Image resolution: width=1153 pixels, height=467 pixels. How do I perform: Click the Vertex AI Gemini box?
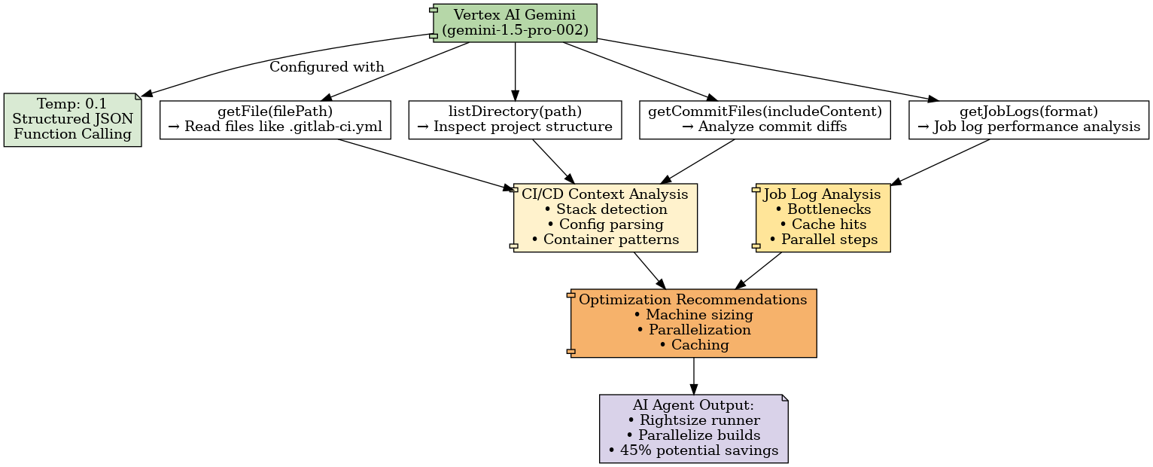pos(515,23)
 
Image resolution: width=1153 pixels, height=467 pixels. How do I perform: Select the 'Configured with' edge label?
pos(327,67)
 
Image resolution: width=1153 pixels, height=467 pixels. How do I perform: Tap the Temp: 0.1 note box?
pos(72,120)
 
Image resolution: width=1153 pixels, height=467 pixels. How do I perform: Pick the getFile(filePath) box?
pos(275,120)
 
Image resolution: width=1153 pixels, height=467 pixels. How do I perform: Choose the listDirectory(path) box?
pos(515,120)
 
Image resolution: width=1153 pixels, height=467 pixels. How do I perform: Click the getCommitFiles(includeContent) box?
pos(765,120)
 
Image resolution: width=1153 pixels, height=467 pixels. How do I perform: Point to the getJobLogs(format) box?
pos(1029,120)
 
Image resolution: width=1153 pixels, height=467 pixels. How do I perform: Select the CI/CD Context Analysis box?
pos(605,218)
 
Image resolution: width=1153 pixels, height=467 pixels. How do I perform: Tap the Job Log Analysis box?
pos(823,218)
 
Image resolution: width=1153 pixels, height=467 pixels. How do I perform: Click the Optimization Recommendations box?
pos(693,323)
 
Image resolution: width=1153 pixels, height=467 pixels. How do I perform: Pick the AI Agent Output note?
pos(693,429)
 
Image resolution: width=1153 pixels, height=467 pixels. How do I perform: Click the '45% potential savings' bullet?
pos(693,451)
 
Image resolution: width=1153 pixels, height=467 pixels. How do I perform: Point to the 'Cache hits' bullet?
pos(823,224)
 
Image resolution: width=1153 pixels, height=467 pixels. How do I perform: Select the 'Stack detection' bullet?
pos(605,209)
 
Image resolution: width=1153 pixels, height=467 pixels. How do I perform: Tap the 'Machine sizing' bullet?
pos(693,315)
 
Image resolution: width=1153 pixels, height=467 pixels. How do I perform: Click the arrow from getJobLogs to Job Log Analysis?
pos(941,162)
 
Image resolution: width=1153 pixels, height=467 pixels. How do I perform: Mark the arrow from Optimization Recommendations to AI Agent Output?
pos(693,376)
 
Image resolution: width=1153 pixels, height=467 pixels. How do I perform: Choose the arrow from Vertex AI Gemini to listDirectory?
pos(515,72)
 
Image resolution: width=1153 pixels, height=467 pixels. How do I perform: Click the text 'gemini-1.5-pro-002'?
pos(515,31)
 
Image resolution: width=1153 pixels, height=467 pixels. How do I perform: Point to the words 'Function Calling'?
pos(72,135)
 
